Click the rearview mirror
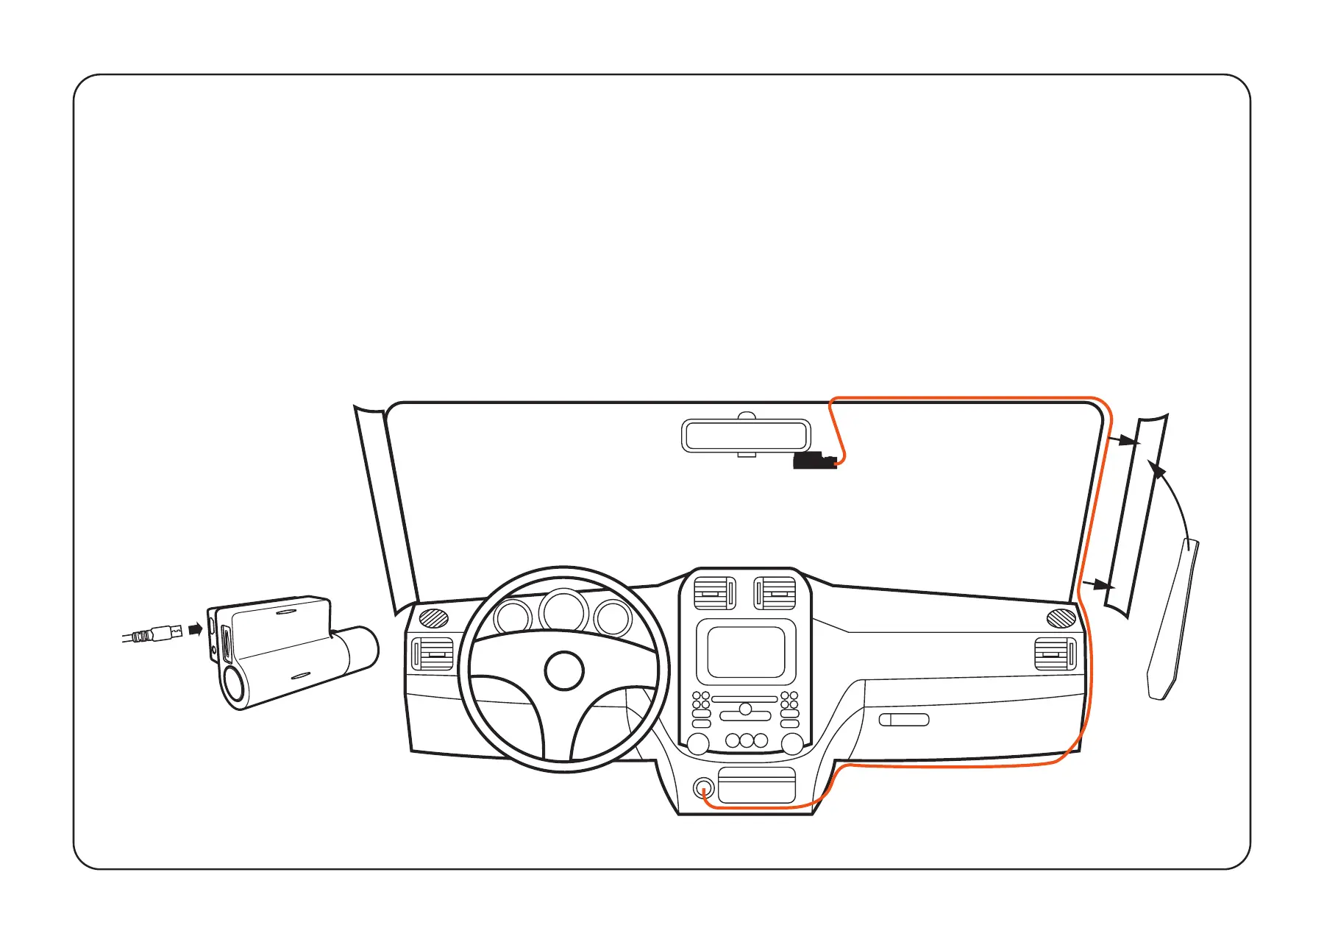tap(747, 435)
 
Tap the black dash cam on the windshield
tap(814, 461)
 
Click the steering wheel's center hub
tap(564, 670)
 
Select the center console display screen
tap(746, 651)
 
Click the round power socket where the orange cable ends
tap(704, 789)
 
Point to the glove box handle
tap(904, 720)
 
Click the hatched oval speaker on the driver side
tap(434, 618)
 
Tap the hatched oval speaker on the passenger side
tap(1061, 618)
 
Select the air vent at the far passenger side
tap(1055, 654)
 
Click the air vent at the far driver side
tap(433, 654)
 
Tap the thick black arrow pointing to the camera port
tap(195, 629)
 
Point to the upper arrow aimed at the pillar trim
tap(1125, 441)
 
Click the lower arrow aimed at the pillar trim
tap(1099, 585)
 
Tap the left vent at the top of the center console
tap(714, 593)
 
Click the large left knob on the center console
tap(697, 743)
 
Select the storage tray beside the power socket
tap(756, 785)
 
